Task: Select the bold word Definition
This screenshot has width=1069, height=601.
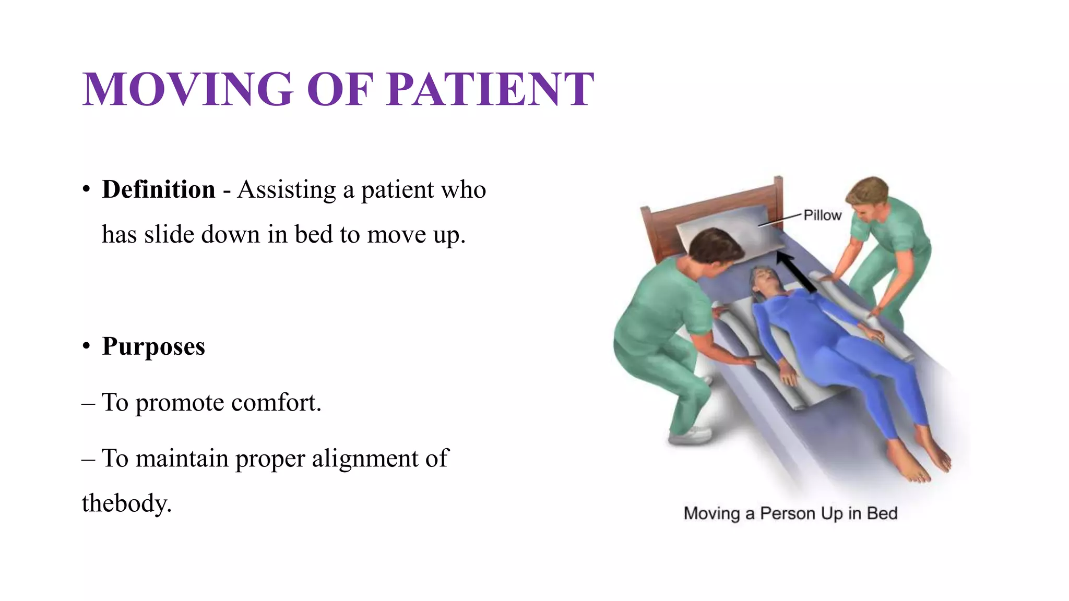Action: (159, 189)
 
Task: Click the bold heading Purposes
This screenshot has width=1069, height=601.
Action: (153, 346)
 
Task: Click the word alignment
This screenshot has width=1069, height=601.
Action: (365, 459)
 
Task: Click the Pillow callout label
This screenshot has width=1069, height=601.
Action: (822, 215)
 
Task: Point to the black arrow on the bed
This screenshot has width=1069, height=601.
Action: (795, 271)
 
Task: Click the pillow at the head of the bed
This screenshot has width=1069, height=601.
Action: (731, 230)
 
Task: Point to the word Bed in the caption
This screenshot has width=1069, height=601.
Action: (882, 513)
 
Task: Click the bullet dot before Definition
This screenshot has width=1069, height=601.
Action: (87, 189)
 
